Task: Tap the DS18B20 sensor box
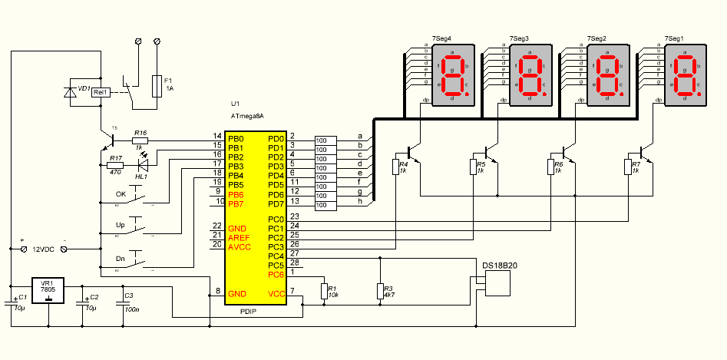[500, 282]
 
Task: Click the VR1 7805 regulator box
[48, 292]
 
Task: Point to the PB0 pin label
[236, 138]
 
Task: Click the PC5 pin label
[276, 265]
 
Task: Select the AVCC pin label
[239, 246]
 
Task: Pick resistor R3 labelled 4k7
[380, 290]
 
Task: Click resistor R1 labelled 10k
[324, 290]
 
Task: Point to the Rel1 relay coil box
[101, 92]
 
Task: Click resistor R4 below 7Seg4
[396, 167]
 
